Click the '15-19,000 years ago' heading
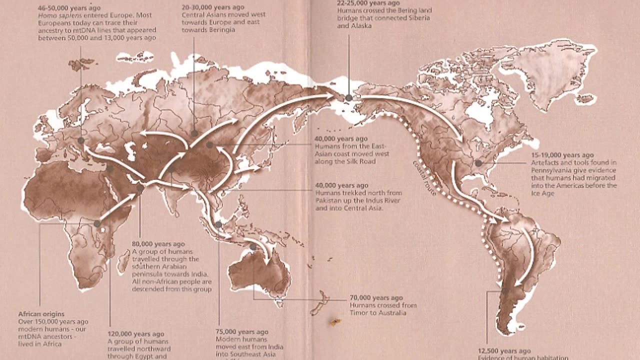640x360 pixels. [x=562, y=155]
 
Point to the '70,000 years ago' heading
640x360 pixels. [x=376, y=298]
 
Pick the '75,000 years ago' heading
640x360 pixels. [x=242, y=332]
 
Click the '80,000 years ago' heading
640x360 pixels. [x=158, y=244]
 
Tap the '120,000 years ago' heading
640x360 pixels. [x=136, y=334]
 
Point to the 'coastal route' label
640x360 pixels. [x=424, y=177]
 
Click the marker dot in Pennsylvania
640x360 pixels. [x=478, y=163]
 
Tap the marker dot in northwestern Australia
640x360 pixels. [x=253, y=247]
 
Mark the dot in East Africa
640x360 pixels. [x=97, y=223]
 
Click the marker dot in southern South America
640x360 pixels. [x=505, y=291]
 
